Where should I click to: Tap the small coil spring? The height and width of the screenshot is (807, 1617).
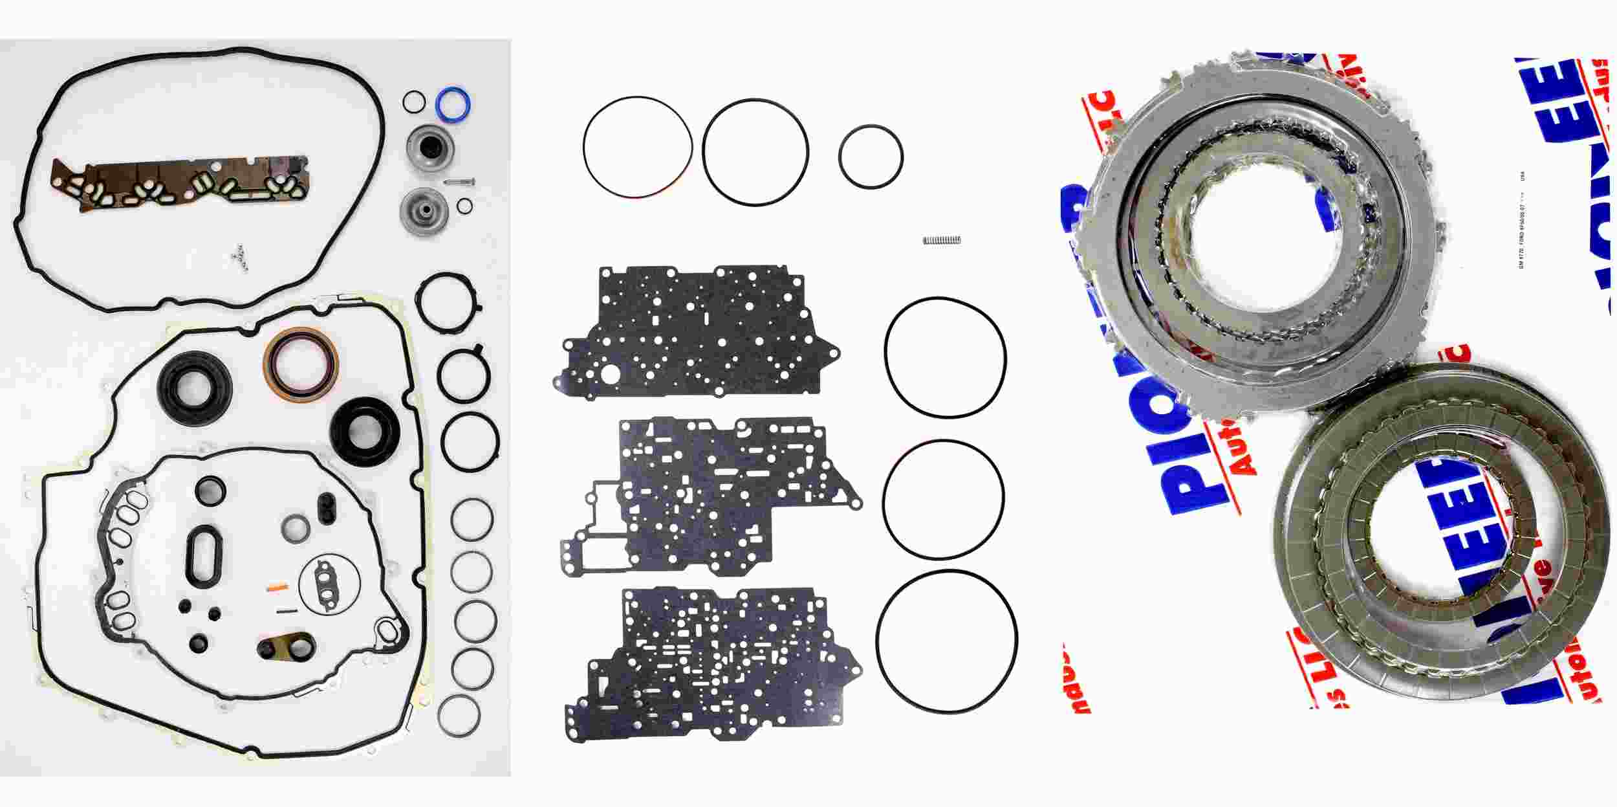[941, 240]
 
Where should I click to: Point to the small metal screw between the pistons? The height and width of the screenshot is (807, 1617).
[460, 182]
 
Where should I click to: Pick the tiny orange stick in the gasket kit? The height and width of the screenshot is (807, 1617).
[277, 587]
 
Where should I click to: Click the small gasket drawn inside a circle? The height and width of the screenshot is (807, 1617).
[328, 583]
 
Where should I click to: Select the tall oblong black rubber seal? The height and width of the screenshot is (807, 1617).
[205, 555]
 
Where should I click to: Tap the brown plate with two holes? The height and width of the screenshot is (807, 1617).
[286, 648]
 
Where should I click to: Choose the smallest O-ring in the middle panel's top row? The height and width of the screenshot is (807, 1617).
[871, 157]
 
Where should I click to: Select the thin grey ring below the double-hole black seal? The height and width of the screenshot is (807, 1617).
[296, 528]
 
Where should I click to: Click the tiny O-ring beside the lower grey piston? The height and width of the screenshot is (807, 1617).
[464, 206]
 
